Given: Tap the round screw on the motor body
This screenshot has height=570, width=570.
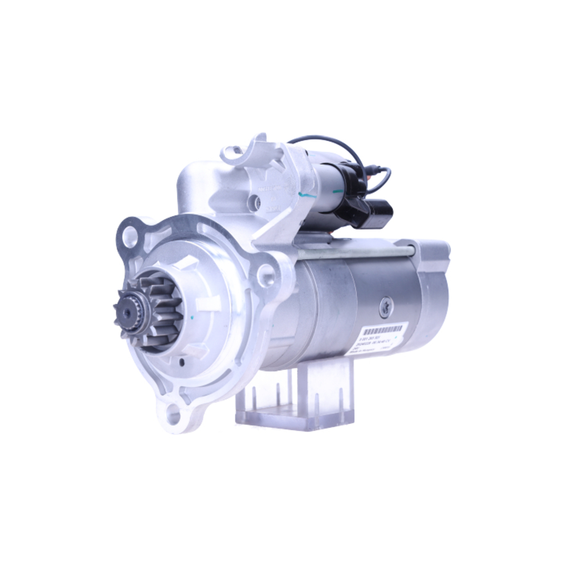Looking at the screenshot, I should (x=385, y=307).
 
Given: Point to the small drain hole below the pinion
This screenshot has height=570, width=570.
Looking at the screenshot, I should (x=181, y=361).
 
